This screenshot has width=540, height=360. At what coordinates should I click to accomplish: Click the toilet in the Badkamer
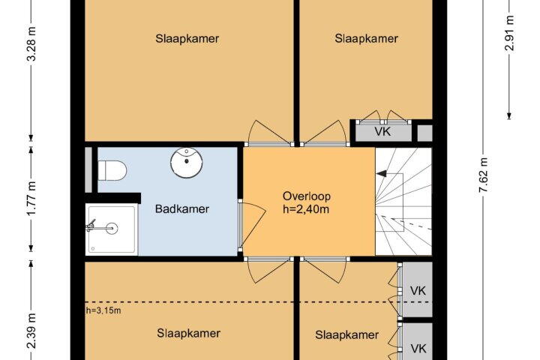112,170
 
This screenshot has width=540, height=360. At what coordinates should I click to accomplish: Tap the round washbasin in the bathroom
187,163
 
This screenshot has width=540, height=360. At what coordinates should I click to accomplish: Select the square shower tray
112,229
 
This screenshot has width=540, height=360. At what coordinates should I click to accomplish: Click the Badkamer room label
181,208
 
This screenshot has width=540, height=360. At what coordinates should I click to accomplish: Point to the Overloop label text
307,196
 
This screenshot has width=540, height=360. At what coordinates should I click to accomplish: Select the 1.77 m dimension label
31,199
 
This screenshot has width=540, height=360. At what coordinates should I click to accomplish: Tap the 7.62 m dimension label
484,175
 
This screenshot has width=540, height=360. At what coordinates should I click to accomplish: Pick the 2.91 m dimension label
509,33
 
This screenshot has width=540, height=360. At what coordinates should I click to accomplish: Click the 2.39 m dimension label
31,331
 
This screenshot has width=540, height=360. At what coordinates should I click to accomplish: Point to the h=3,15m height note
103,310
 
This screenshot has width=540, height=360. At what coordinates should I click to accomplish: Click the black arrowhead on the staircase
381,174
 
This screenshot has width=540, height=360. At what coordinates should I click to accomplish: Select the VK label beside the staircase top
382,131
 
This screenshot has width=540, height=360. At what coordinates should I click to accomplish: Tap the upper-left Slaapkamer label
187,38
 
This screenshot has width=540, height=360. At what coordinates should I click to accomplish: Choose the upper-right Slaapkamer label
367,38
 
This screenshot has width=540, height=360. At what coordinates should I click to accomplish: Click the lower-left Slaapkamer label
189,333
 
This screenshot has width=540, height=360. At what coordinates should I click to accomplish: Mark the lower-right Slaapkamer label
347,334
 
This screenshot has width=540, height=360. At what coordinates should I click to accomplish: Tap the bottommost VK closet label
418,349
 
